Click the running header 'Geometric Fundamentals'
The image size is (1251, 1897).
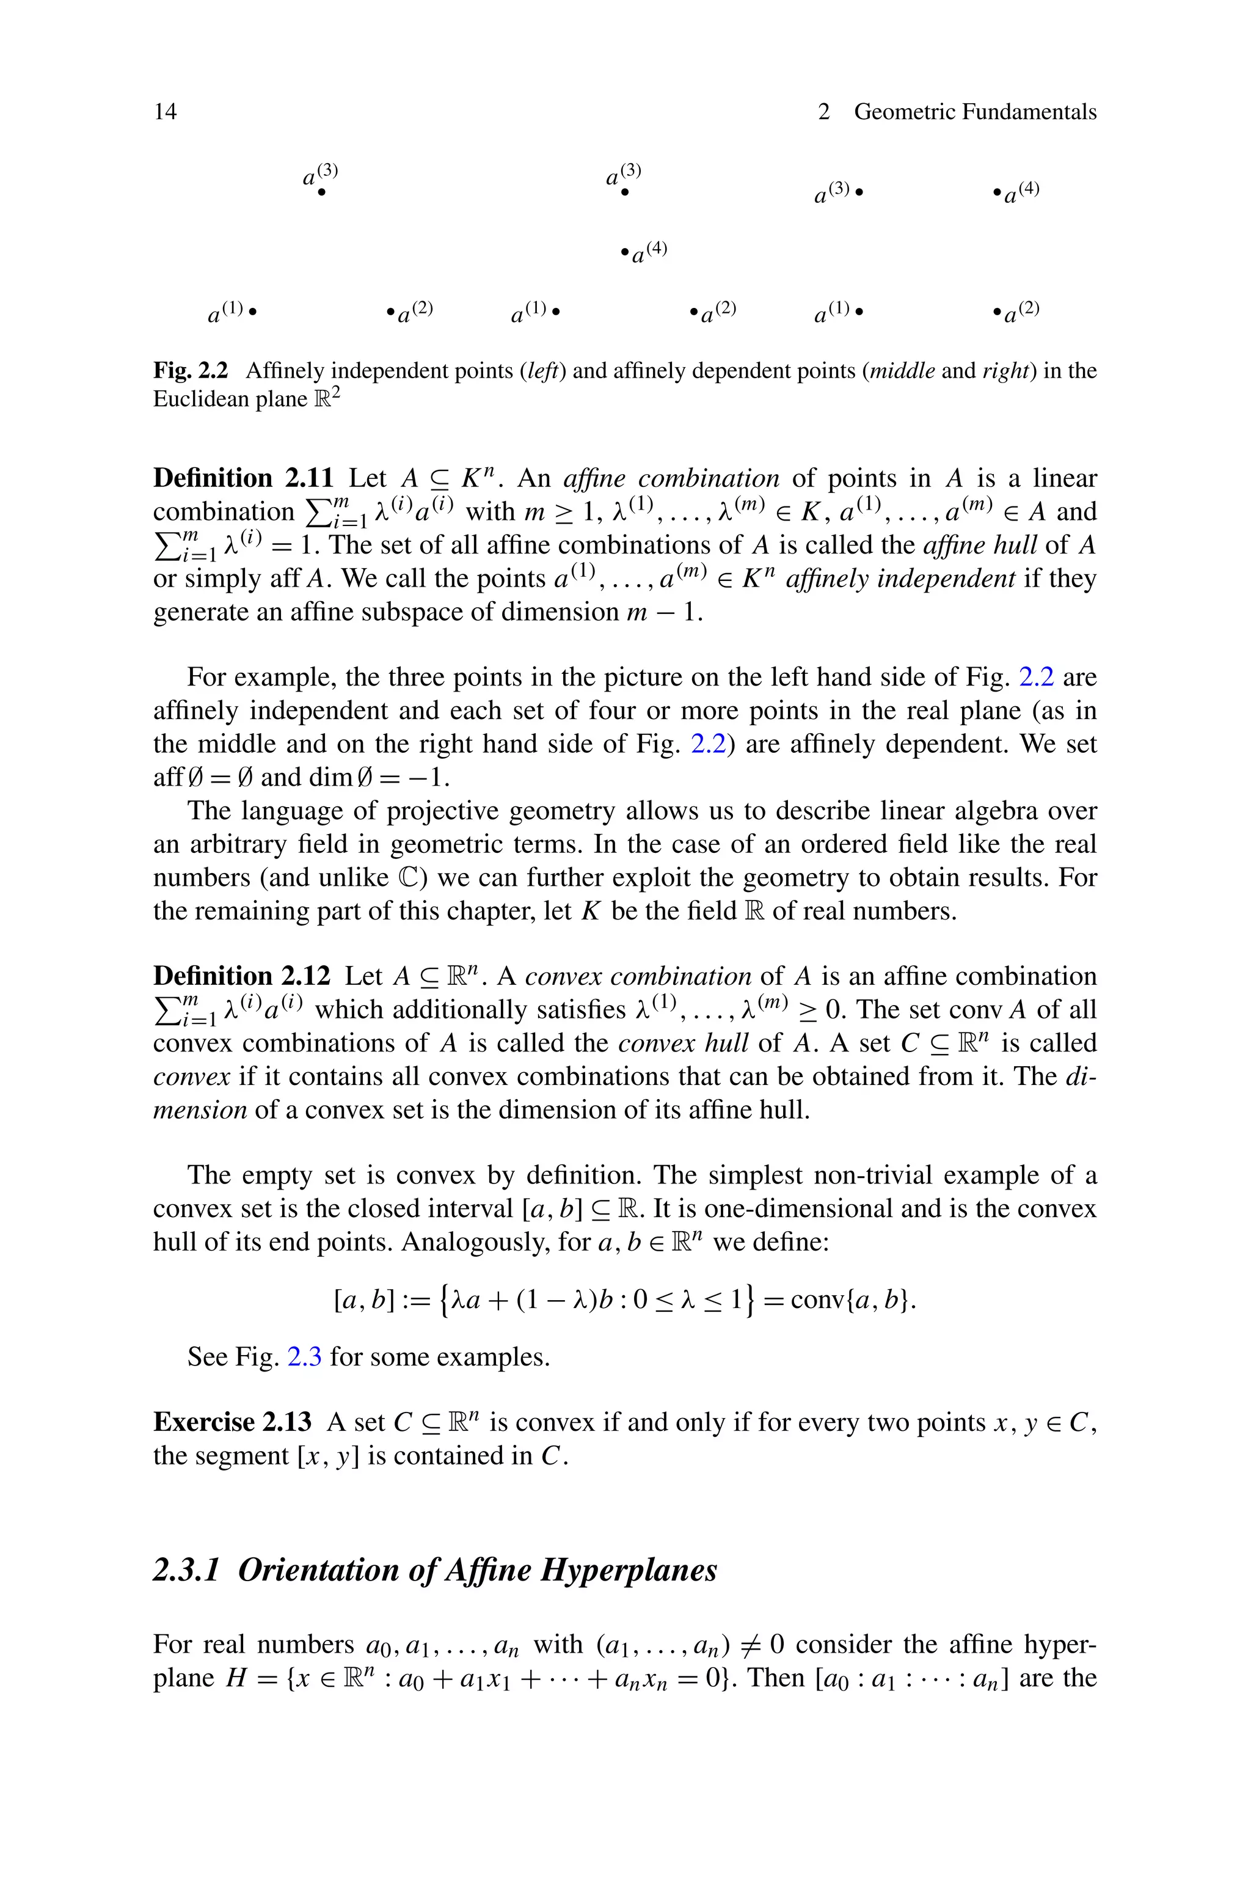(975, 112)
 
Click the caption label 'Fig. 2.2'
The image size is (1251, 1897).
(191, 371)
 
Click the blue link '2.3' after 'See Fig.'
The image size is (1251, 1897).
(304, 1357)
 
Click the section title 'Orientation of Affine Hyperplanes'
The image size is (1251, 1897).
(477, 1570)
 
